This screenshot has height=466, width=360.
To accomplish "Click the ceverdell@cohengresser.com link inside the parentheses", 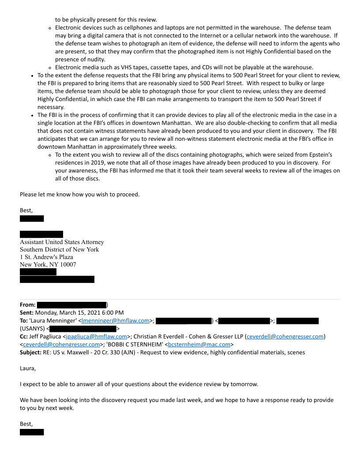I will [285, 337].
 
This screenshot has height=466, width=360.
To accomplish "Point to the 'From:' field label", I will [28, 305].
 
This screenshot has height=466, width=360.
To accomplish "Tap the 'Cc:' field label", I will [25, 337].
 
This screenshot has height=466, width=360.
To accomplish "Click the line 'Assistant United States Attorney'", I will [62, 242].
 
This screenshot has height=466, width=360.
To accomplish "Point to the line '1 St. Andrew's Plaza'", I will [46, 257].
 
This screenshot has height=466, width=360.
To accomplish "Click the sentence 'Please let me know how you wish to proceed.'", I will [79, 194].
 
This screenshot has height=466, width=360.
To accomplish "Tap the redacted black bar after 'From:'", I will [71, 305].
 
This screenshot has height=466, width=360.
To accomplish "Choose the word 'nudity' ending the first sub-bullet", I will [95, 60].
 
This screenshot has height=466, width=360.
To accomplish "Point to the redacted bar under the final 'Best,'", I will [32, 432].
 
